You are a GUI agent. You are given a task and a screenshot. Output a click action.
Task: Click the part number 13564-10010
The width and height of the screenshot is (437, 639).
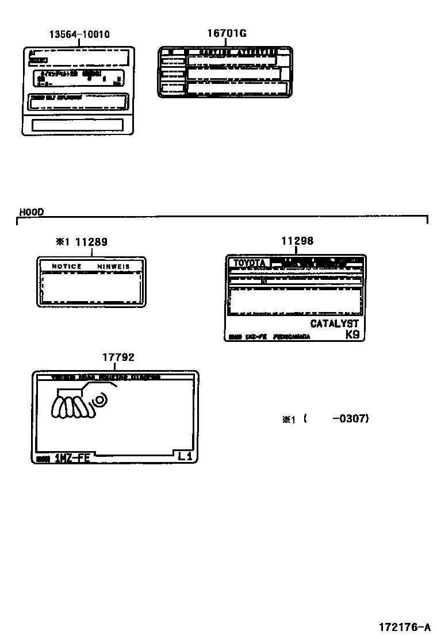coord(79,34)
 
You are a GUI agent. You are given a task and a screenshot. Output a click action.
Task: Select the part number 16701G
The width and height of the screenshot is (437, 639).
coord(227,33)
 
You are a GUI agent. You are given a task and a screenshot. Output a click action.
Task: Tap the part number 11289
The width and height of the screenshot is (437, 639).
coord(91,242)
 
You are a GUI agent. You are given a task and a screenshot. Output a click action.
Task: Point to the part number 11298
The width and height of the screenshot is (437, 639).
coord(297,241)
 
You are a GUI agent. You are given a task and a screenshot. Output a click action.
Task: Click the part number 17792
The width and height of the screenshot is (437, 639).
coord(118,357)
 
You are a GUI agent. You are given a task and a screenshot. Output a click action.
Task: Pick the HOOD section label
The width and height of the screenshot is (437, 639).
coord(31,212)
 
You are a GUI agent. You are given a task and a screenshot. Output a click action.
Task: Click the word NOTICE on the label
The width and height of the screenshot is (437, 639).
coord(67,267)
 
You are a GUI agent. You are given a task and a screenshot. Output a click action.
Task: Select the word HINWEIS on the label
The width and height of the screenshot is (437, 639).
coord(113,267)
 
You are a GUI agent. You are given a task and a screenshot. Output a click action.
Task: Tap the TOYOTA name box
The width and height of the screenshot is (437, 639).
coord(249,263)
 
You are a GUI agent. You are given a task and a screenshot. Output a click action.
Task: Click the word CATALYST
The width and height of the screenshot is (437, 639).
coord(334,324)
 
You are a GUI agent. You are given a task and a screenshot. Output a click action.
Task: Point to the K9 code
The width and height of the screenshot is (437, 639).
coord(352,334)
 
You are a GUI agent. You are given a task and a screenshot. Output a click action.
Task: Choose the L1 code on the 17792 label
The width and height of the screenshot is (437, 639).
coord(185,457)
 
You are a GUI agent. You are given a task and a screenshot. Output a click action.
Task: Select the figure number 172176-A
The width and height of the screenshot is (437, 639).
coord(404,626)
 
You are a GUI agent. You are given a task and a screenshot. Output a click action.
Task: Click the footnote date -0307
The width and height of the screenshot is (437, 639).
coord(350,418)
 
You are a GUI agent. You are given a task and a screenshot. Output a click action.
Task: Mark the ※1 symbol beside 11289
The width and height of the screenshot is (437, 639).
coord(62,242)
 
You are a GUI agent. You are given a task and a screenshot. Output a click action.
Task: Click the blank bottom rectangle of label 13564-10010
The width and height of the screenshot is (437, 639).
coord(77,125)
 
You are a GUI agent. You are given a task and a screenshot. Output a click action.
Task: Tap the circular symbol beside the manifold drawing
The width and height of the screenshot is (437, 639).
coord(100,399)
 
